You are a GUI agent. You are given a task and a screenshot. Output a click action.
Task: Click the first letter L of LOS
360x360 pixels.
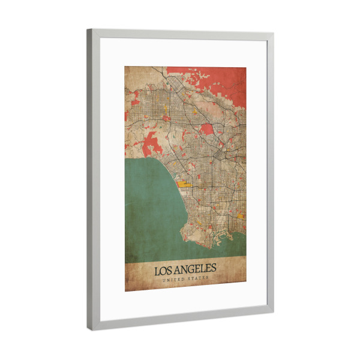(158, 271)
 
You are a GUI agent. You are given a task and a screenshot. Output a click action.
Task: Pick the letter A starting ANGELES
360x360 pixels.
(178, 270)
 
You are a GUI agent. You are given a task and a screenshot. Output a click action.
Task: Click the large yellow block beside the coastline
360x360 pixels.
(184, 183)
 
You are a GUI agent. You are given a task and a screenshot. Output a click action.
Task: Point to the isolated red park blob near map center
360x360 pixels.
(207, 128)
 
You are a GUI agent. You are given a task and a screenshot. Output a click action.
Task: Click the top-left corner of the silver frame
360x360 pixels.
(89, 31)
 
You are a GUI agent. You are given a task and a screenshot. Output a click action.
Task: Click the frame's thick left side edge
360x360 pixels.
(91, 180)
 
